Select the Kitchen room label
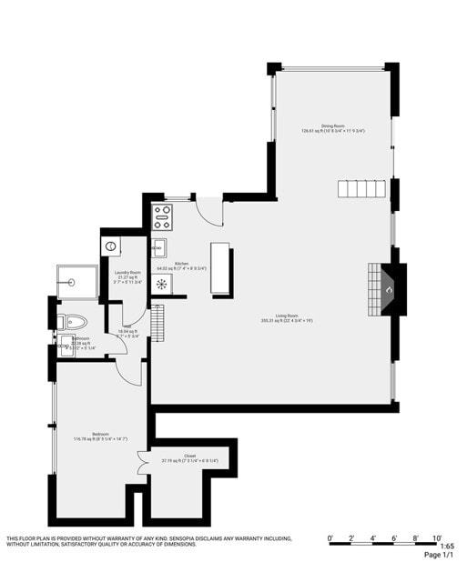[x=181, y=265]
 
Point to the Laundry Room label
[x=127, y=273]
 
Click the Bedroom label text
[x=100, y=436]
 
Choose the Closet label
[x=189, y=456]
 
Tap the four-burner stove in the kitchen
[x=163, y=216]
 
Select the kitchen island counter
[x=221, y=268]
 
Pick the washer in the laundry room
[x=112, y=246]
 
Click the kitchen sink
[x=159, y=247]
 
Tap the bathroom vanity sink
[x=66, y=346]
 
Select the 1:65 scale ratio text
[x=445, y=546]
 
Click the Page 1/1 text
[x=439, y=555]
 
